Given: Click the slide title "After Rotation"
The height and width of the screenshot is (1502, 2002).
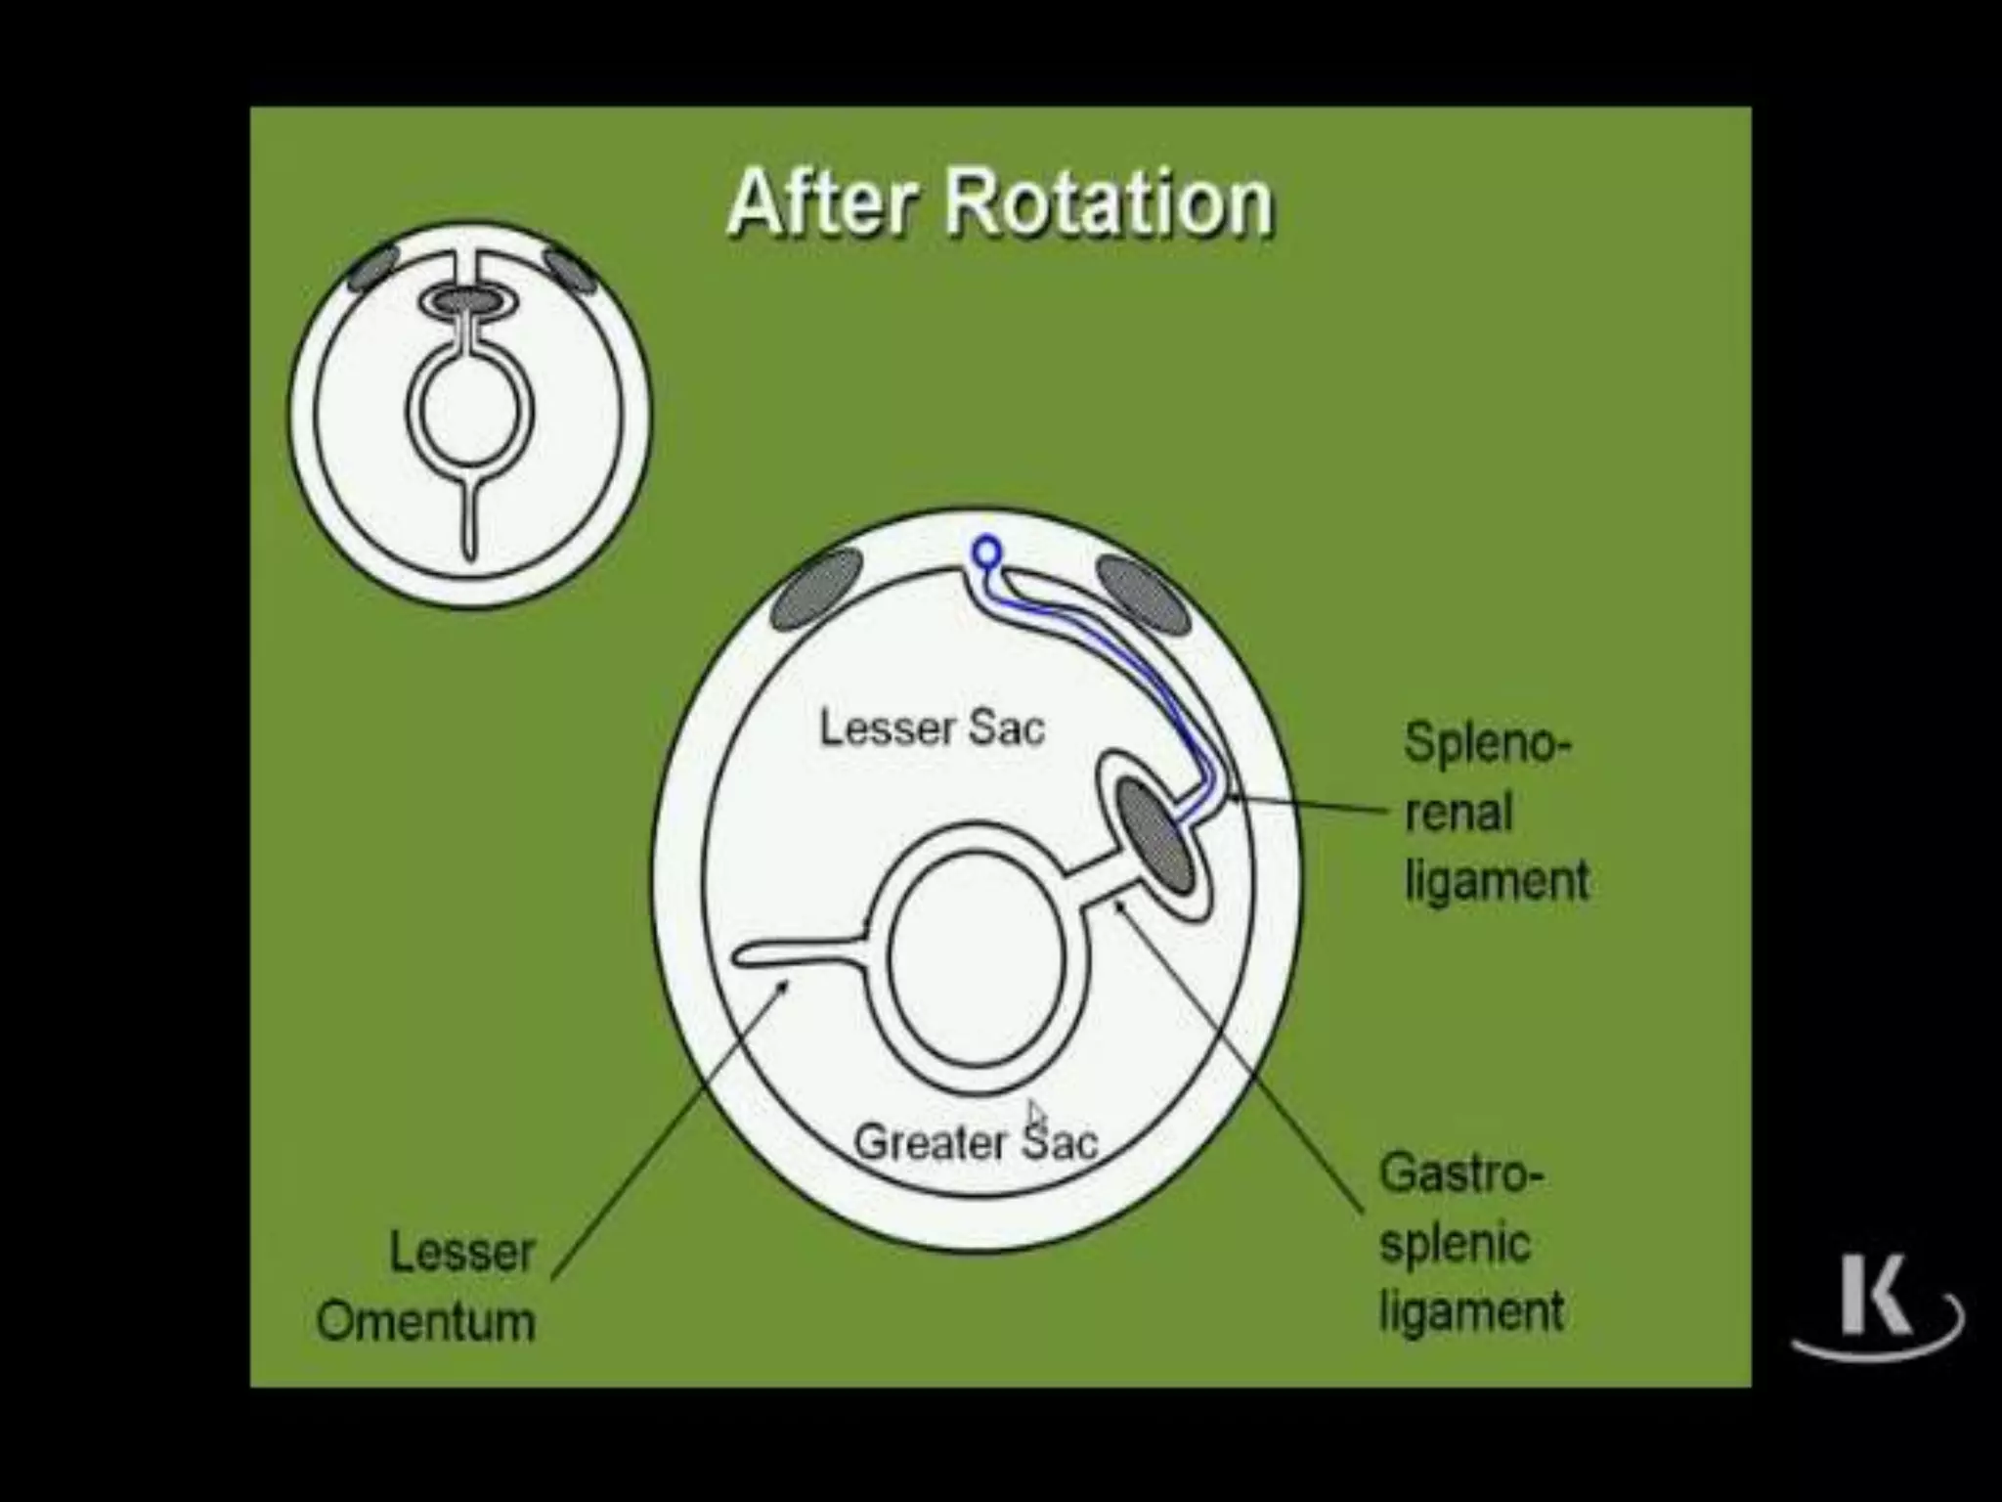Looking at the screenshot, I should click(x=1000, y=203).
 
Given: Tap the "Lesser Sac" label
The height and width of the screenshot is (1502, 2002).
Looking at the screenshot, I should click(x=932, y=729).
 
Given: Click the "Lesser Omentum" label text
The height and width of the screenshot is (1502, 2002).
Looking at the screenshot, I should click(x=426, y=1286).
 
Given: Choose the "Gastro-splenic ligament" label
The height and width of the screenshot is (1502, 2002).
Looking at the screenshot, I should click(x=1470, y=1243).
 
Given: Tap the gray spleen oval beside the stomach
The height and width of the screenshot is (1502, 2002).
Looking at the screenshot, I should click(x=1155, y=834).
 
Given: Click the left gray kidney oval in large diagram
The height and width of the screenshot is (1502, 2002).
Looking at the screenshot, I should click(x=817, y=589).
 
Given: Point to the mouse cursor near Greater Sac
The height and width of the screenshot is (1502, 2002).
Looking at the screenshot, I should click(x=1036, y=1115).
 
